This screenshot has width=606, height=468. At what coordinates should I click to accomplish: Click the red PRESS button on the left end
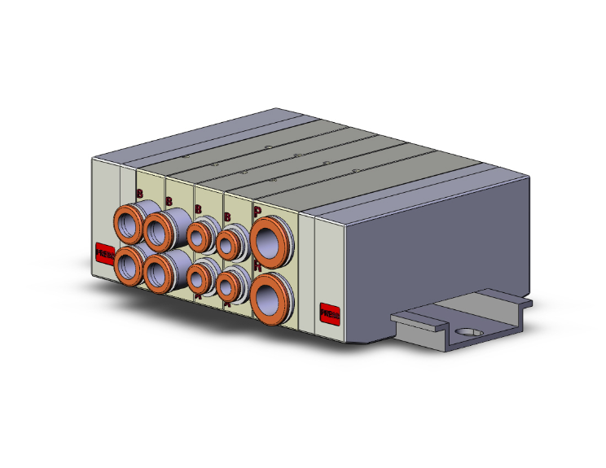104,253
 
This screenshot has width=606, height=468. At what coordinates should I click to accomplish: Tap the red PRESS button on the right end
330,313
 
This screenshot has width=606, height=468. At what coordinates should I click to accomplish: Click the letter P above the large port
257,211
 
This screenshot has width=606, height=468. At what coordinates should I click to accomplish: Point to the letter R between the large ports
257,265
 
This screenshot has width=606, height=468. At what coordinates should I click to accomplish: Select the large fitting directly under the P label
268,239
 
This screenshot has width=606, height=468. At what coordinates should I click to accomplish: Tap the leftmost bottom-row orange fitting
129,266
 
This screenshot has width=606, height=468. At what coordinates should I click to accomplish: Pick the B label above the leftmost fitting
139,194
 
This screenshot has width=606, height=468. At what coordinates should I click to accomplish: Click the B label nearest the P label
227,217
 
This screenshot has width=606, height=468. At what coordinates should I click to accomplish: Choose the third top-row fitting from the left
200,236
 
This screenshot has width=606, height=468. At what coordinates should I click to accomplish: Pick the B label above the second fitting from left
169,201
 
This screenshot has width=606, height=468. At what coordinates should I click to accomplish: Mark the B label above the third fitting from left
199,209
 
